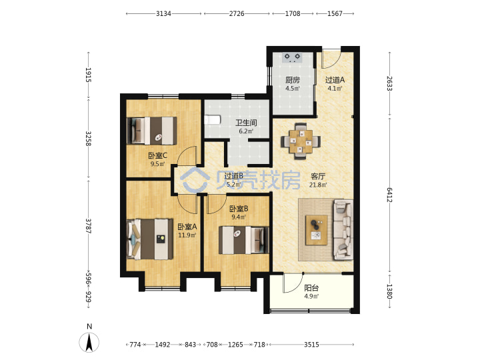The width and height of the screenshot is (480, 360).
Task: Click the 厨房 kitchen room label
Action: point(293,80)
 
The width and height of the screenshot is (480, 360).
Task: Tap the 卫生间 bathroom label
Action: point(246,123)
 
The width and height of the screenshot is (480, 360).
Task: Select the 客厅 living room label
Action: point(318,176)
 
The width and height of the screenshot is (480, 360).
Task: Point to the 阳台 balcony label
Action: point(311,288)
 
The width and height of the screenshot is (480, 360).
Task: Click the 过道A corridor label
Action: point(335,80)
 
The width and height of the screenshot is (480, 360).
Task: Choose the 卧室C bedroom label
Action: point(157,155)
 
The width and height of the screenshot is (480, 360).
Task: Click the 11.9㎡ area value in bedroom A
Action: point(187,235)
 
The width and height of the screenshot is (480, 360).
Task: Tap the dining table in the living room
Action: point(301,141)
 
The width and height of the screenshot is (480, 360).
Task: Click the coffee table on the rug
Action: point(317,230)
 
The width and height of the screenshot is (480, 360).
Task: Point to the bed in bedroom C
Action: point(152,131)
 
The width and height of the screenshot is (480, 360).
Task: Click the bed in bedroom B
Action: point(244,240)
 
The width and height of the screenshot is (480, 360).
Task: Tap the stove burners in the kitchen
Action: point(293,57)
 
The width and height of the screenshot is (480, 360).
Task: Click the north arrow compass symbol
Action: point(89,342)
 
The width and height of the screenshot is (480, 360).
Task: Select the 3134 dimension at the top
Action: point(163,13)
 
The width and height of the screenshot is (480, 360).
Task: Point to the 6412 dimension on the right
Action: point(389,195)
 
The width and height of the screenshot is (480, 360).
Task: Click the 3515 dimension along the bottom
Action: point(311,345)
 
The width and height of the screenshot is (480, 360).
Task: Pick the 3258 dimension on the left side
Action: point(88,139)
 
